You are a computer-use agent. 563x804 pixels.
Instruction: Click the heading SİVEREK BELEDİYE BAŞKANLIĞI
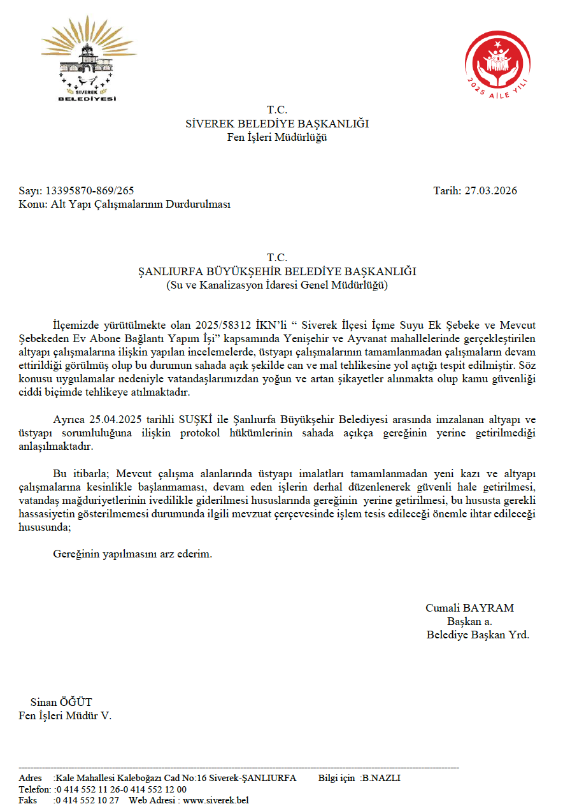point(277,124)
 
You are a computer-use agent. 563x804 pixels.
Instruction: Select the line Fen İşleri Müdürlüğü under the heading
point(277,137)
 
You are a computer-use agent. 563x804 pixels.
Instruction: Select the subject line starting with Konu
point(124,205)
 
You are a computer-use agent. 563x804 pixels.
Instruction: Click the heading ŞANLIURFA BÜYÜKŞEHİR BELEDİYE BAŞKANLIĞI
point(277,271)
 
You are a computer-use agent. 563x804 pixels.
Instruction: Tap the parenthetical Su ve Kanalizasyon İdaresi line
point(277,285)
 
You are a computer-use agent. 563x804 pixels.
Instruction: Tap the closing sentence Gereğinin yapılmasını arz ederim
point(132,554)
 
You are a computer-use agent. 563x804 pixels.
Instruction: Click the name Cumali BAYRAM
point(469,608)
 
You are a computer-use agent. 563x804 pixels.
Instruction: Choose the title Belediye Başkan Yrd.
point(478,635)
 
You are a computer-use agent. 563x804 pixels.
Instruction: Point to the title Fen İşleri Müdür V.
point(65,715)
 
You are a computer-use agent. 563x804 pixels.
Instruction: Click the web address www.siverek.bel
point(215,800)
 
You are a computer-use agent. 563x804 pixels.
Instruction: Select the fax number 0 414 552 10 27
point(87,800)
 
